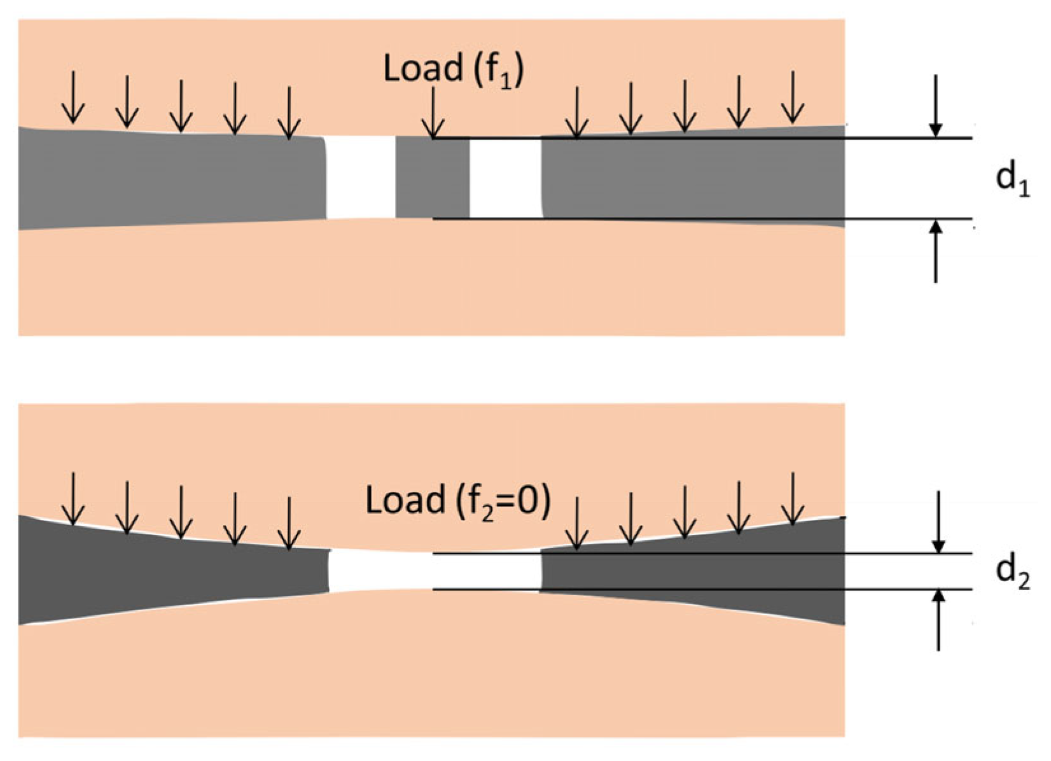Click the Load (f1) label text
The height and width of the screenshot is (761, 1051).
point(453,69)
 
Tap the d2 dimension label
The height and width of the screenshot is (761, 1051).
point(1012,573)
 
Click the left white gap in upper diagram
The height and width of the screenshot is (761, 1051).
point(361,178)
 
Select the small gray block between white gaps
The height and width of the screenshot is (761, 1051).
point(433,179)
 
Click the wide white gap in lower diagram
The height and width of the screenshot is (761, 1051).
point(434,571)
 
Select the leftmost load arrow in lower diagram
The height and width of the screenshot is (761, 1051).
point(73,499)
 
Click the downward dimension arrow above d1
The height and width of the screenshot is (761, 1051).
point(935,106)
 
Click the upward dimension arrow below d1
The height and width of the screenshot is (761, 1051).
point(935,251)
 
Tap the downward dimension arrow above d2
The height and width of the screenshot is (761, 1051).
point(938,522)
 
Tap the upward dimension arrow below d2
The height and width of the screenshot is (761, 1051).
point(938,620)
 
